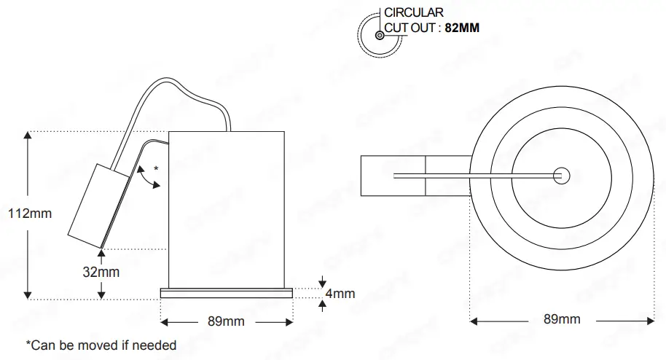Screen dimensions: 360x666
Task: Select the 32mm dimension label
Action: pos(101,272)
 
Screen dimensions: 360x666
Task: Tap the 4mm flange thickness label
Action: pos(340,294)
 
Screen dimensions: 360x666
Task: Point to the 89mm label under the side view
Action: pos(227,321)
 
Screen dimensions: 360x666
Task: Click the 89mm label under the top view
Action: pos(563,319)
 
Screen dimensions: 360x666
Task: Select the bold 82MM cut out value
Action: pos(462,28)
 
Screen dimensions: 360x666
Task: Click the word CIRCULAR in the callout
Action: pos(414,12)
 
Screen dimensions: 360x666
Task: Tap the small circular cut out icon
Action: pos(380,34)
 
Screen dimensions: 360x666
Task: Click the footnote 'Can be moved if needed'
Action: pos(101,345)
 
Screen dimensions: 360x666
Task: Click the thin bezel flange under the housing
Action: pos(226,293)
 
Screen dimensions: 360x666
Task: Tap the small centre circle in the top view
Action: pos(561,175)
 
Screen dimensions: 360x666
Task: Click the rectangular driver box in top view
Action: pos(393,176)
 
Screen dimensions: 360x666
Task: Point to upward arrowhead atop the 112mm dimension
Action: pos(28,137)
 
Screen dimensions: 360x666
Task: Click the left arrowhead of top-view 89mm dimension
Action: pos(475,320)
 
